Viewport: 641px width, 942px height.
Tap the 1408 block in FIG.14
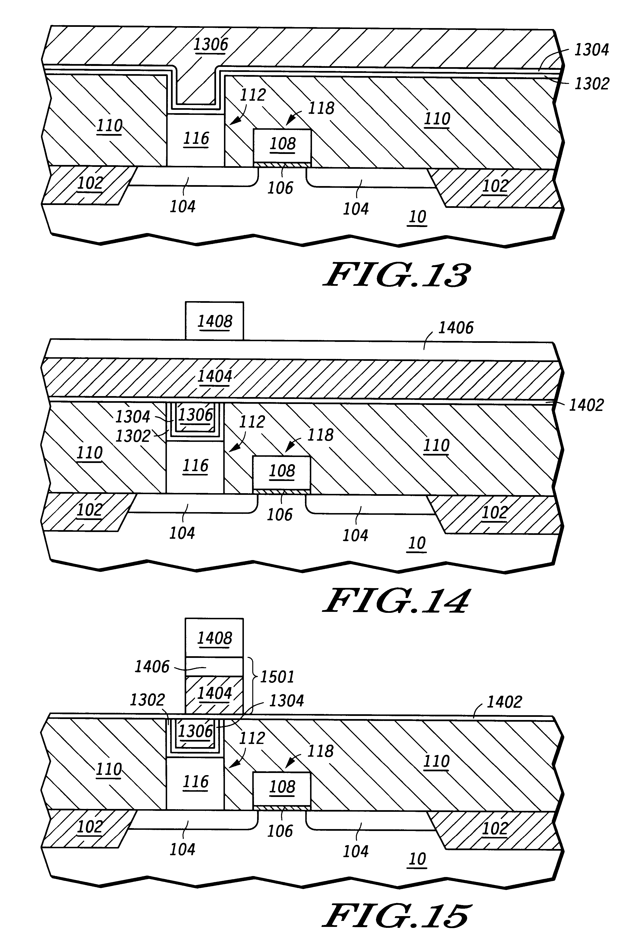214,321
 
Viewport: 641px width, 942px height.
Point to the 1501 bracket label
277,677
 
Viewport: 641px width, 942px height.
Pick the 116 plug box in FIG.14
195,466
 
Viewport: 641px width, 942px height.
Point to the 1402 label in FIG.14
586,405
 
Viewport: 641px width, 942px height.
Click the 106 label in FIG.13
280,188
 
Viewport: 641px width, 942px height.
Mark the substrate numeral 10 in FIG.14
417,543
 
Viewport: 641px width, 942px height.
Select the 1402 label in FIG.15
504,702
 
